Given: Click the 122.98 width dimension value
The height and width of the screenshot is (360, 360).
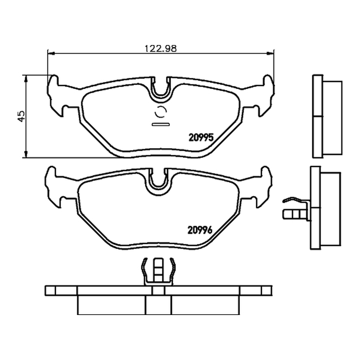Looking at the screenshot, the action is pyautogui.click(x=161, y=49).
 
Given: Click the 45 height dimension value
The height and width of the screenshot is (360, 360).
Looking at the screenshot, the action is pyautogui.click(x=21, y=116).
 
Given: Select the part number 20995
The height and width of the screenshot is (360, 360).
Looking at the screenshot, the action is pyautogui.click(x=201, y=137).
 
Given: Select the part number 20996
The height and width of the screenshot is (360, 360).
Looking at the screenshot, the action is pyautogui.click(x=200, y=230).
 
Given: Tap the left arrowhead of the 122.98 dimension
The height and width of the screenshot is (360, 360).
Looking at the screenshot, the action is pyautogui.click(x=51, y=54).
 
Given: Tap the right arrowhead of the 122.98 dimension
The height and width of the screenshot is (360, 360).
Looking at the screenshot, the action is pyautogui.click(x=270, y=54).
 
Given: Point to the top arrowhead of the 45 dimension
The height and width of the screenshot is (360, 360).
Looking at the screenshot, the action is pyautogui.click(x=26, y=78).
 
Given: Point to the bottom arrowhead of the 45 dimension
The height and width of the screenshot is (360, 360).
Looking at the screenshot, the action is pyautogui.click(x=26, y=154).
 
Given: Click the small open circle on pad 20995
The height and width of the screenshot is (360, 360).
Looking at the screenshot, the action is pyautogui.click(x=161, y=112).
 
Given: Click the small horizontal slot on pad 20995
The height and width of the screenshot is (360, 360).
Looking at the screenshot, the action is pyautogui.click(x=161, y=125).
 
